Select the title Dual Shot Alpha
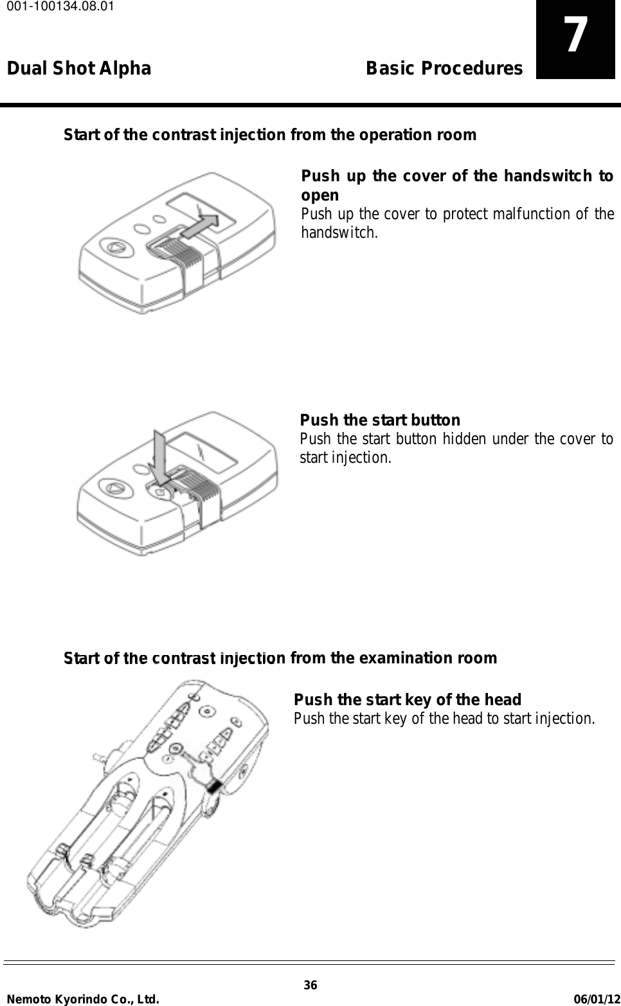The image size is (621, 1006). (x=79, y=69)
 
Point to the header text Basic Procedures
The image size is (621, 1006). (x=444, y=69)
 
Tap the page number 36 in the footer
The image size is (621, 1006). (x=310, y=986)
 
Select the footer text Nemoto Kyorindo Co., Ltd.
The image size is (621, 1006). (x=83, y=998)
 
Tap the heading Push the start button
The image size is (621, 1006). (x=380, y=420)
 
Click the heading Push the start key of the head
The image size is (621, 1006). (x=407, y=699)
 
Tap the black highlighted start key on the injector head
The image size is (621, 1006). (x=214, y=786)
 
